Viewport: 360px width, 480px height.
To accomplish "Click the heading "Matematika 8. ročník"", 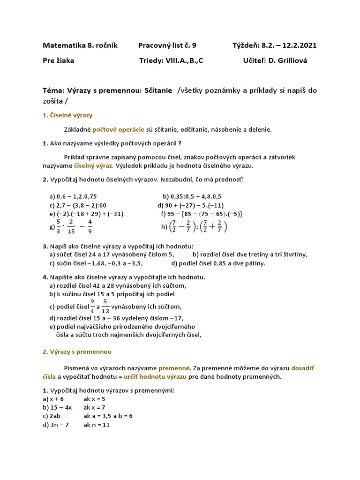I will [x=80, y=45].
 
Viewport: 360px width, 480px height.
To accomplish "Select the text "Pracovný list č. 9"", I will [x=167, y=45].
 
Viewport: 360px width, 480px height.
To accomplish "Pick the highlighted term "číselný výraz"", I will [x=93, y=166].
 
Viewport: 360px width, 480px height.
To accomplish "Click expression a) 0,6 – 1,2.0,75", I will [x=73, y=196].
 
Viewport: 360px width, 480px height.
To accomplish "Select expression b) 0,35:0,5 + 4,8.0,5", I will [x=192, y=196].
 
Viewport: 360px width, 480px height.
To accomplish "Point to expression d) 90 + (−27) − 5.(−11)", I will [x=191, y=205].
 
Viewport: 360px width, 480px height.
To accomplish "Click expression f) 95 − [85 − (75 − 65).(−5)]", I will [x=201, y=214].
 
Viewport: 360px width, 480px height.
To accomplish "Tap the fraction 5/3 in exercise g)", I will [x=59, y=226].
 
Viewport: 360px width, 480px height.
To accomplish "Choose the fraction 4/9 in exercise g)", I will [x=90, y=226].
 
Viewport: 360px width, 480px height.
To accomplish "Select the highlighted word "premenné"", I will [x=174, y=368].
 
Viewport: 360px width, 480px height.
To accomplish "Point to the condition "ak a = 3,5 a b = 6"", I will [x=108, y=416].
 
